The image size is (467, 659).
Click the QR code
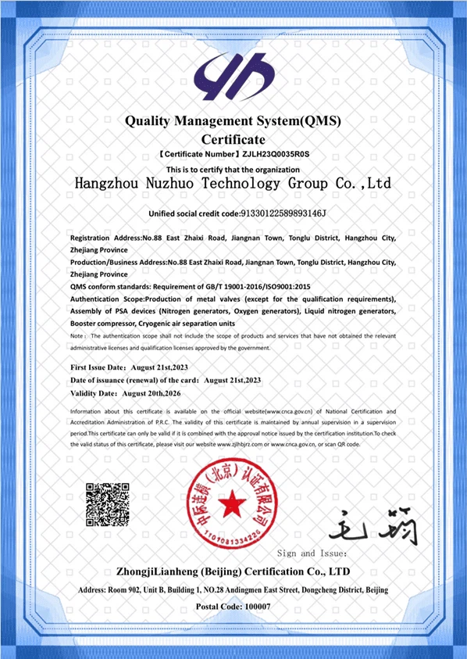click(x=107, y=504)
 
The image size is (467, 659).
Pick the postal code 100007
click(x=254, y=607)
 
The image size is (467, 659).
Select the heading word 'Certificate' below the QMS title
click(x=233, y=139)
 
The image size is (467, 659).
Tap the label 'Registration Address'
click(x=105, y=238)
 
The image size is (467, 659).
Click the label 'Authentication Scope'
click(x=106, y=299)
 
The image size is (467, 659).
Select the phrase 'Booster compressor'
click(x=102, y=323)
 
